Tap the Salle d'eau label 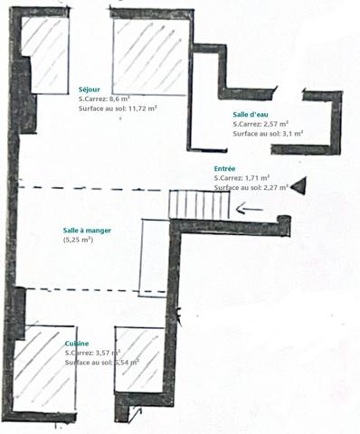(x=249, y=114)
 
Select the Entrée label (x=225, y=169)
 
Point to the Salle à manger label (x=88, y=231)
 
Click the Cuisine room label (x=77, y=344)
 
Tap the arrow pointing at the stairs (x=251, y=211)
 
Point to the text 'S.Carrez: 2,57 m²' (x=261, y=123)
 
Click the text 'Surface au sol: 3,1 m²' (x=268, y=133)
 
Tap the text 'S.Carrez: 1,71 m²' (x=242, y=178)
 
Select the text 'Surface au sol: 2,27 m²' (x=251, y=187)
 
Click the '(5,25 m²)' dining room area (x=78, y=241)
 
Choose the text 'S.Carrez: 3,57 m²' (x=94, y=353)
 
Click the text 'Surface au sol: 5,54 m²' (x=101, y=362)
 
